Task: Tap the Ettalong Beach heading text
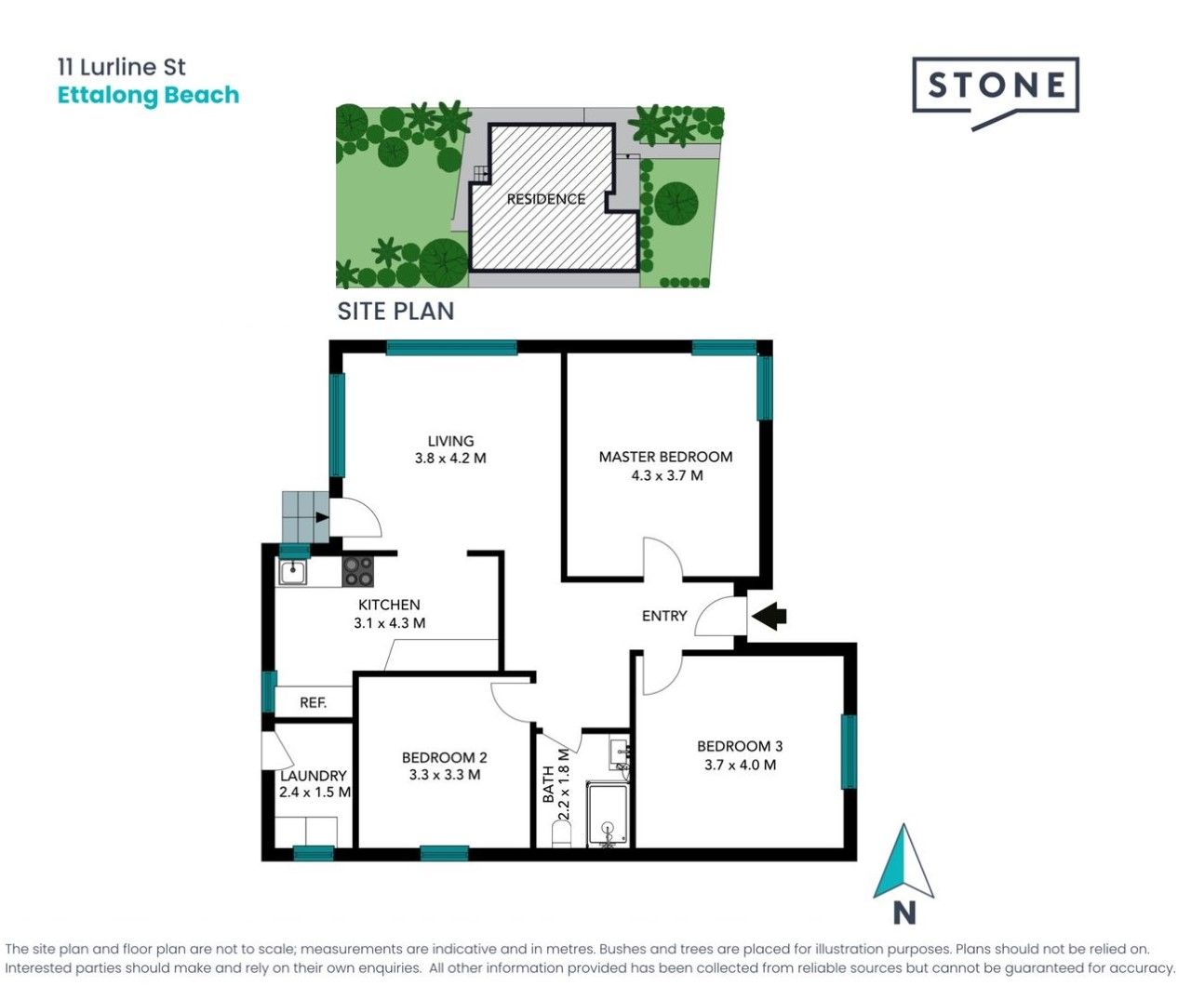point(148,96)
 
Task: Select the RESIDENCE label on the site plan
point(546,199)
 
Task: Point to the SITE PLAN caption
point(395,312)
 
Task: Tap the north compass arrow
point(903,862)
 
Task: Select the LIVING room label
point(450,441)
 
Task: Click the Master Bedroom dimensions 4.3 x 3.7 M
point(667,475)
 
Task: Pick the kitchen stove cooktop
point(357,572)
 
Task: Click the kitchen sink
point(292,572)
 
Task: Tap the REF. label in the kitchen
point(314,702)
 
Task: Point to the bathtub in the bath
point(608,816)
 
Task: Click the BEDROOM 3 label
point(740,746)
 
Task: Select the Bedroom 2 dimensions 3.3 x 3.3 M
point(445,774)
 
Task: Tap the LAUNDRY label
point(314,776)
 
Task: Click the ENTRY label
point(664,616)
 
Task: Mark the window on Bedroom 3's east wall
point(849,752)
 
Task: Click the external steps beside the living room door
point(306,517)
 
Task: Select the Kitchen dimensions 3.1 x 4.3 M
point(390,622)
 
